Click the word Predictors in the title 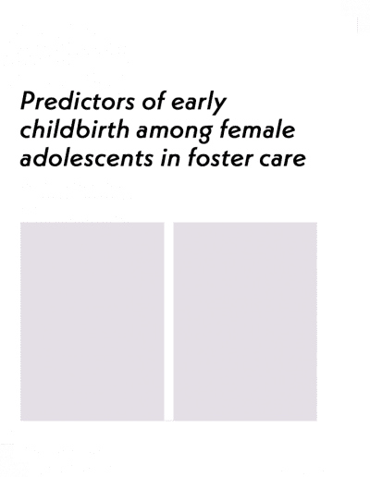click(x=78, y=101)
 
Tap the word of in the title click(x=153, y=100)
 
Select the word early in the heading click(x=199, y=103)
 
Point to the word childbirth click(x=74, y=129)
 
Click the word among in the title click(x=174, y=131)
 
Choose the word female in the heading click(x=257, y=129)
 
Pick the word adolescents click(x=87, y=157)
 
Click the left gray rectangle click(x=92, y=321)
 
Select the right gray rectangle click(x=245, y=321)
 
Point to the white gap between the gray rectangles click(x=168, y=321)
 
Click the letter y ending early click(x=219, y=105)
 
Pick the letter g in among click(x=204, y=134)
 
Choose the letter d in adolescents click(x=43, y=157)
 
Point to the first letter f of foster click(x=193, y=157)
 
